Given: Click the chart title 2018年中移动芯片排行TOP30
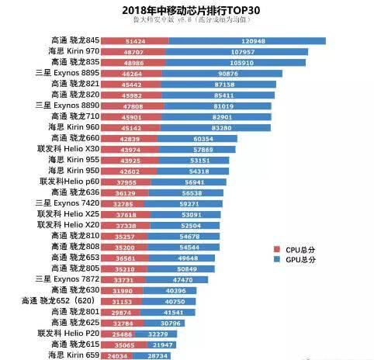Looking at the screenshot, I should click(186, 9).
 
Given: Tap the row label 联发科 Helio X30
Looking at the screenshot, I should click(68, 148).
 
